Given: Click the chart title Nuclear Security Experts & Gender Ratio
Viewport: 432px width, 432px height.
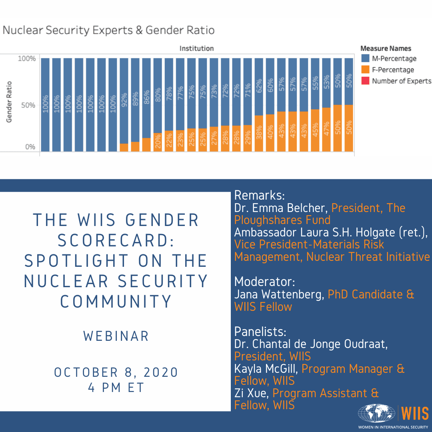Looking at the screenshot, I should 108,30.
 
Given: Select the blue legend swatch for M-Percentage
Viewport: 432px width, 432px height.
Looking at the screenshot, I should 365,59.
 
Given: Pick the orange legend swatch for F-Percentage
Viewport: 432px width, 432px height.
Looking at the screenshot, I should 365,70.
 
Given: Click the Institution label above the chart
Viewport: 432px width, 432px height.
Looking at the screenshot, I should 196,48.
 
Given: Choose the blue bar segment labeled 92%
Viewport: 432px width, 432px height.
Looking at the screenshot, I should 124,100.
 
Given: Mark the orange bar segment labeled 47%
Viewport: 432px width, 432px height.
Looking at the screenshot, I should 326,130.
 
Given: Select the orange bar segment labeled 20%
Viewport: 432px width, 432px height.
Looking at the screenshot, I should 158,142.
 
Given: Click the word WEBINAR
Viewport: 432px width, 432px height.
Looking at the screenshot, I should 116,336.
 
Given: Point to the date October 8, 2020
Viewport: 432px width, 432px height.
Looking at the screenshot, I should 116,372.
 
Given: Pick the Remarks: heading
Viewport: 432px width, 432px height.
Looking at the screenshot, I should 259,196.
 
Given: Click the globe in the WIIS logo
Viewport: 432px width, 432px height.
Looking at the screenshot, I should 376,413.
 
